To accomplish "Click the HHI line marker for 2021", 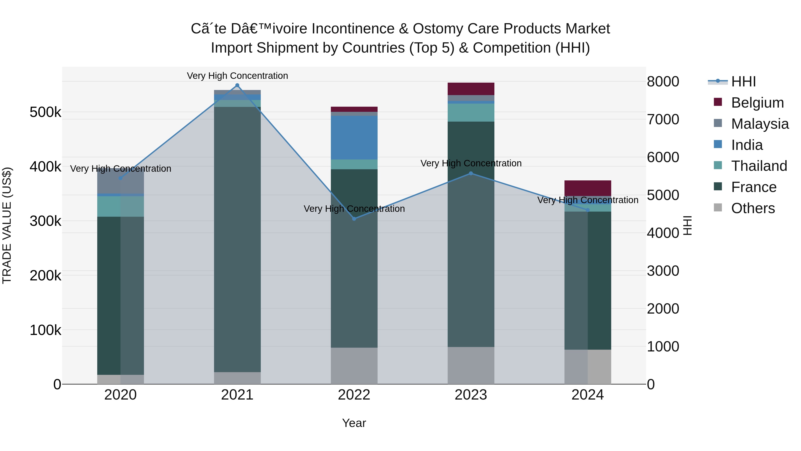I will [x=237, y=85].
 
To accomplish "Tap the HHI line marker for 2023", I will [x=471, y=173].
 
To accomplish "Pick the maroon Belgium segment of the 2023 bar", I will [x=471, y=89].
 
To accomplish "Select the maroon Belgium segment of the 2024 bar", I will [x=587, y=188].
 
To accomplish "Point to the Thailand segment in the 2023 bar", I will [x=471, y=112].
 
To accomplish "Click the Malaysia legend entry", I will [x=760, y=124].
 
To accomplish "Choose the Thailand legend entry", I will [x=759, y=166].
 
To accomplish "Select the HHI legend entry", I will [x=743, y=82].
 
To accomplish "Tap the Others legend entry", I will [x=752, y=208].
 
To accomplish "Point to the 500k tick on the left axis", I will [x=45, y=112].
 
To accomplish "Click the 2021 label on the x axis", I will [x=237, y=395].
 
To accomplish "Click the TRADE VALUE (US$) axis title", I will [x=7, y=225].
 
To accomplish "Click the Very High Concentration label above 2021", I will [x=237, y=76].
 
